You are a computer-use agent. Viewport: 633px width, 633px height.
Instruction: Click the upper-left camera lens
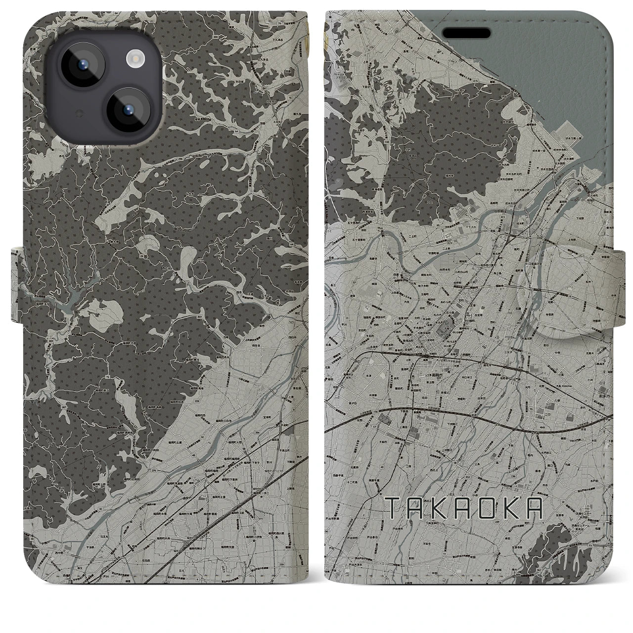(x=81, y=69)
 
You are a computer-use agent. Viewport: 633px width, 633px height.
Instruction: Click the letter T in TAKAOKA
(x=392, y=507)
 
